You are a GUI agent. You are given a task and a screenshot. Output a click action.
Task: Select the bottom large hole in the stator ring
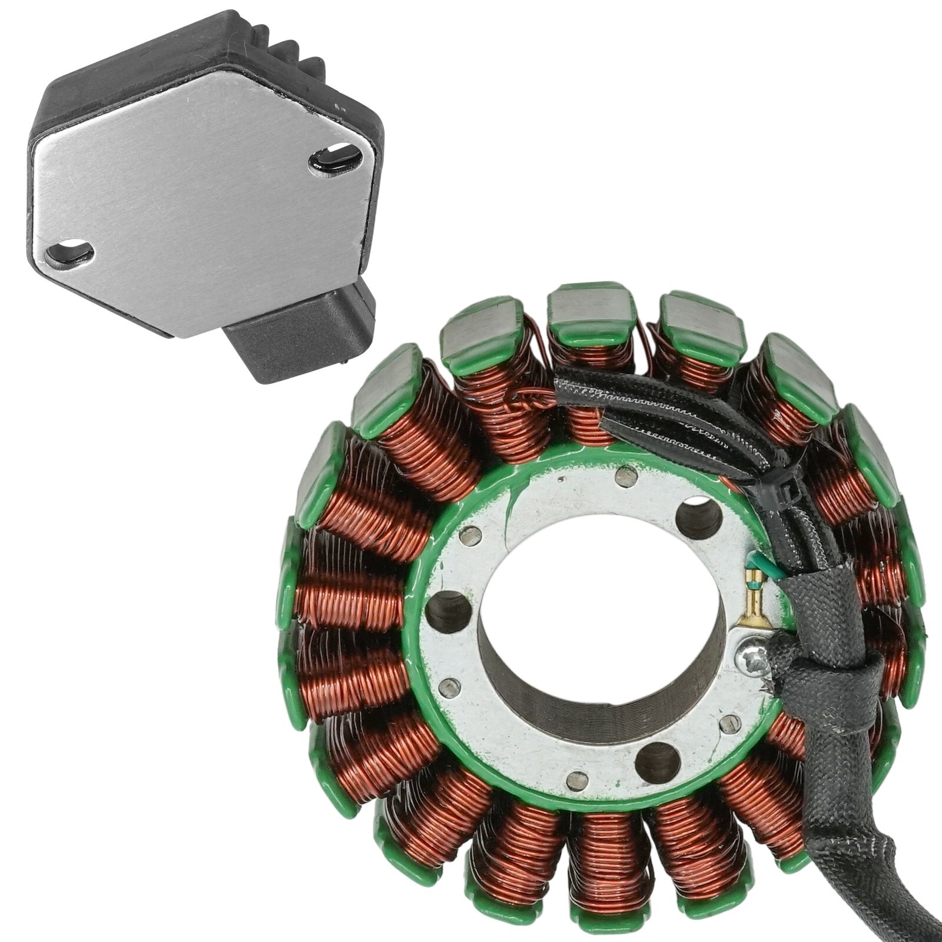pyautogui.click(x=658, y=762)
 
